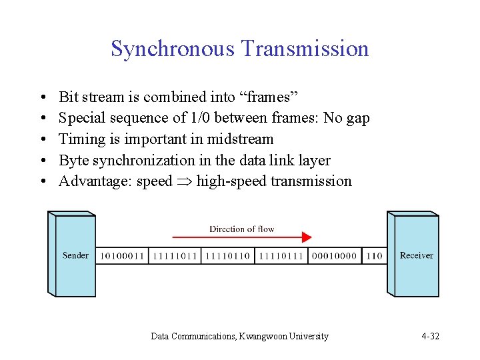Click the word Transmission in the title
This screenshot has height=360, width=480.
305,49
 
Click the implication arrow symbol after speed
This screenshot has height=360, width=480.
184,181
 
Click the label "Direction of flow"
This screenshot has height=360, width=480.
241,229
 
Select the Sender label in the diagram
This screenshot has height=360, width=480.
75,255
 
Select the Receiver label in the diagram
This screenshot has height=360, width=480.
416,255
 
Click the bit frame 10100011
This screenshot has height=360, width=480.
122,256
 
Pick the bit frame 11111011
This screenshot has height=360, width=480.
175,256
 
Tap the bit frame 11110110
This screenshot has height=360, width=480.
227,256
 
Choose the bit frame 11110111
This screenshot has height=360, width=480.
281,256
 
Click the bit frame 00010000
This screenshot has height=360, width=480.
334,256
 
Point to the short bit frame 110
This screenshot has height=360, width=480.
375,256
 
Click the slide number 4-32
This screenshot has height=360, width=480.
430,336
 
